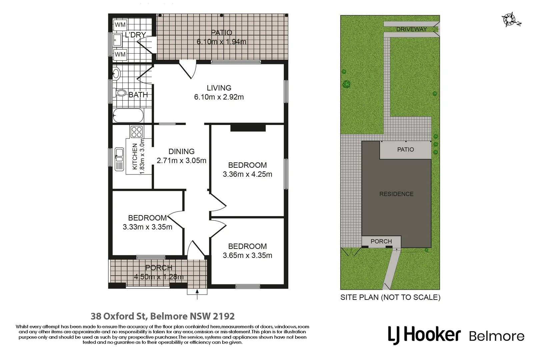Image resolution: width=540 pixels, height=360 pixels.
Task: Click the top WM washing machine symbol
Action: point(120,25)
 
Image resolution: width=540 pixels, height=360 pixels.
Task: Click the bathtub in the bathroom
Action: point(128,116)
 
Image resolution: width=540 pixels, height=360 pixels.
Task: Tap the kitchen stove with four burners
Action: point(137,132)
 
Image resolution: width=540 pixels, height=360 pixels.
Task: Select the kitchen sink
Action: point(119,159)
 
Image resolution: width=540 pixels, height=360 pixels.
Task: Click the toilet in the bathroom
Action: point(120,93)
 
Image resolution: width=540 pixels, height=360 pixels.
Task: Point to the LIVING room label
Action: point(219,88)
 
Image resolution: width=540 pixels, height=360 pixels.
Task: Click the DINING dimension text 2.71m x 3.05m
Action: point(181,161)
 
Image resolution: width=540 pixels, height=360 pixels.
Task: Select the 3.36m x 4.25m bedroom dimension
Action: point(247,174)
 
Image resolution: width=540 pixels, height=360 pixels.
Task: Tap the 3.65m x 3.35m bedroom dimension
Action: point(247,256)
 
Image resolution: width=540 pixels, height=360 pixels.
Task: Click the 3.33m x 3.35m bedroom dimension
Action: point(147,227)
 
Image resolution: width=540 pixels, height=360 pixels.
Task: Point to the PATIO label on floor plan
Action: point(221,33)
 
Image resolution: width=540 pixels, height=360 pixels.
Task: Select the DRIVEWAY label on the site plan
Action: point(411,29)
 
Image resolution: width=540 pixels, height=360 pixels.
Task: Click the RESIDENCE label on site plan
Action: point(396,194)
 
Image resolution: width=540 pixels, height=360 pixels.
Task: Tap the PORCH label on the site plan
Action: point(381,241)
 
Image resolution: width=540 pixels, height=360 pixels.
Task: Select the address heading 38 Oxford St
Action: point(163,316)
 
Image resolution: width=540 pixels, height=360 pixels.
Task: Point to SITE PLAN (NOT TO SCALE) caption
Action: point(390,297)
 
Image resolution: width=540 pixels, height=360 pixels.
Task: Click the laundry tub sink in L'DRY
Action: point(117,40)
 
